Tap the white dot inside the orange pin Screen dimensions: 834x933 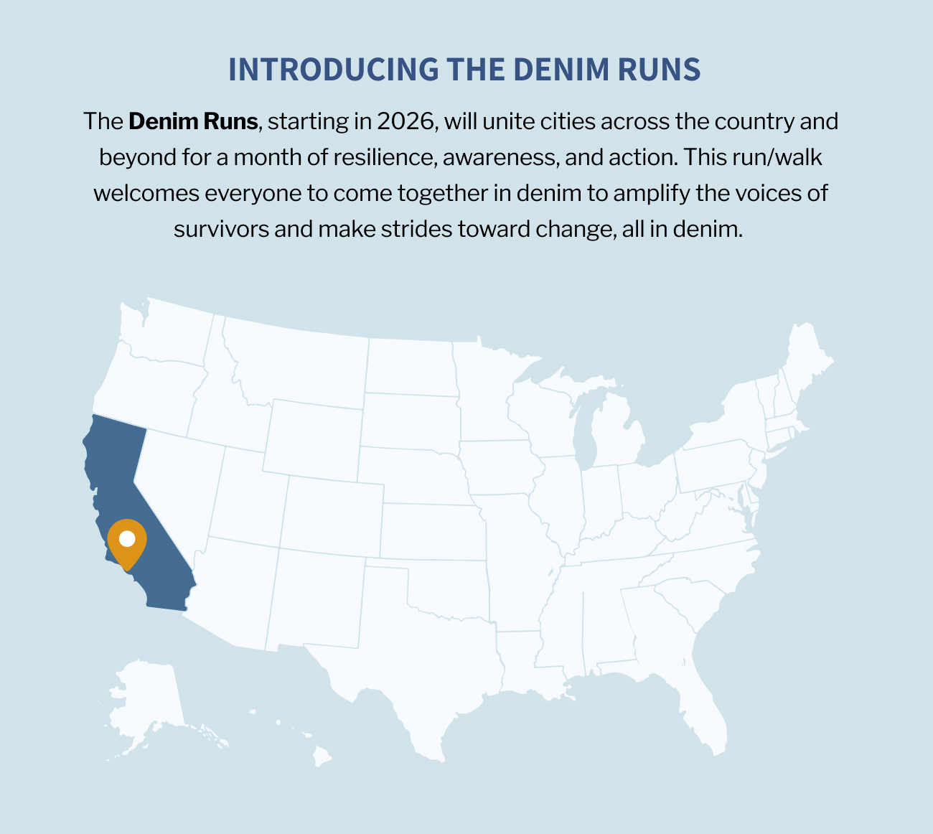(x=127, y=538)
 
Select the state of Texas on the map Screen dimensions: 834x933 (x=402, y=660)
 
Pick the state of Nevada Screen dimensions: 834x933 (x=179, y=481)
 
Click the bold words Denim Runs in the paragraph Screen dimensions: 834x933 (x=193, y=121)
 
